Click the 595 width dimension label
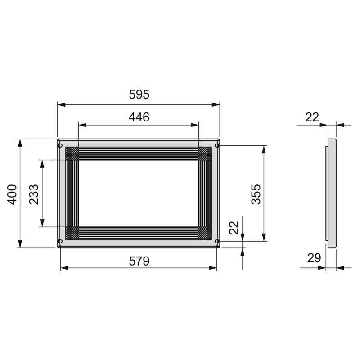pos(139,95)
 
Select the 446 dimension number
pos(139,117)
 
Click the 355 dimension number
pos(256,194)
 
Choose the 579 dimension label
pos(139,261)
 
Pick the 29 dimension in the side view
pos(314,258)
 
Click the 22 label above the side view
pos(312,117)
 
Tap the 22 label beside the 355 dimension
pos(234,228)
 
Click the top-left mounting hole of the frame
pos(60,145)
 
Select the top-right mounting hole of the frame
pos(217,145)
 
